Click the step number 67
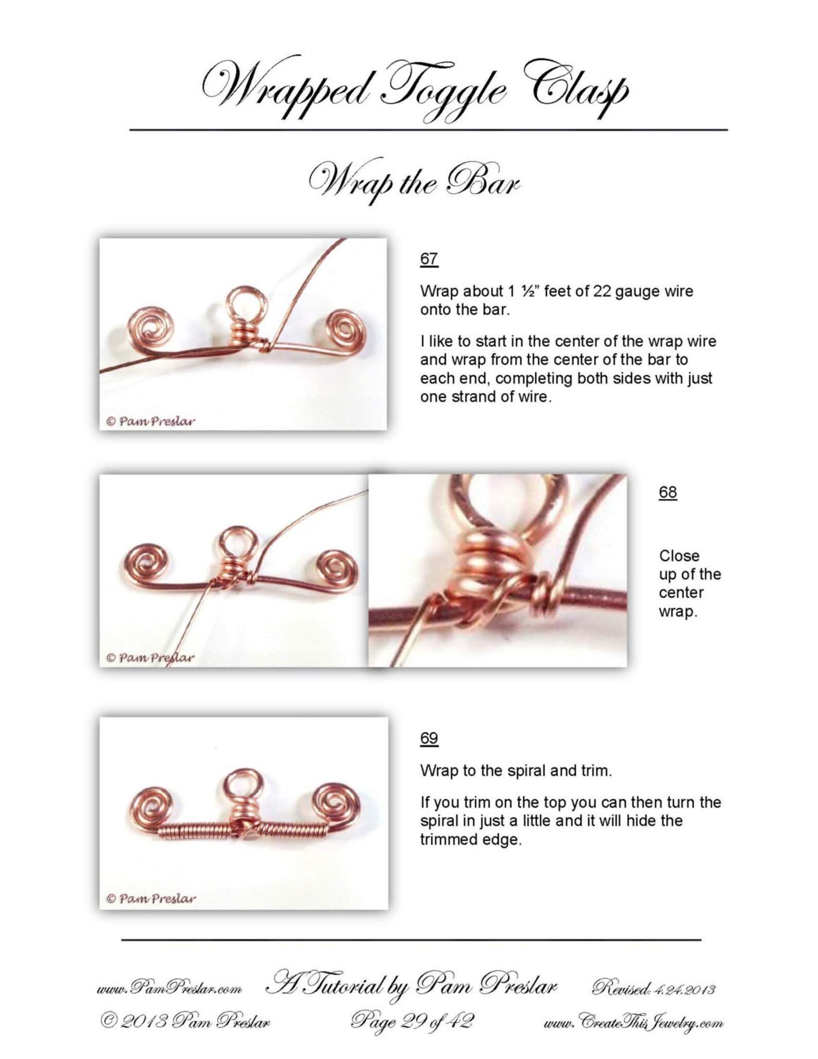coord(429,258)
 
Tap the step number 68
coord(668,492)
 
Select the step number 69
coord(429,738)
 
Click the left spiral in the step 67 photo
coord(153,325)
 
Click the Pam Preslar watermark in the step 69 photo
coord(150,898)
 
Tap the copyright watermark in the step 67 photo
coord(150,421)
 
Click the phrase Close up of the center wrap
coord(689,584)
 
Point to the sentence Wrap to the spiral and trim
coord(516,771)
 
